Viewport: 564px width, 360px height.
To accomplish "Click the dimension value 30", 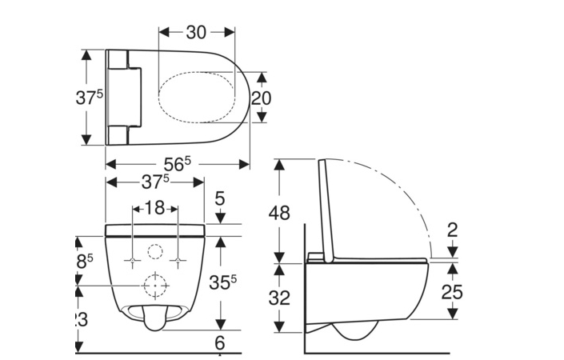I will [196, 32].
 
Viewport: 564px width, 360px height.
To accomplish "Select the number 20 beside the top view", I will [262, 98].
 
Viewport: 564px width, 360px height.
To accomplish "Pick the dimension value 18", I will [154, 208].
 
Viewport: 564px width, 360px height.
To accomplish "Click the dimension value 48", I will [279, 213].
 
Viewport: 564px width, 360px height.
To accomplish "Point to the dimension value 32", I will [279, 297].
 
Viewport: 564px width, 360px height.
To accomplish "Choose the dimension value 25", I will [452, 292].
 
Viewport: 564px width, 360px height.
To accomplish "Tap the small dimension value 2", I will [452, 230].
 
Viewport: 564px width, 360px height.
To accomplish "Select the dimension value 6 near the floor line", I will [221, 342].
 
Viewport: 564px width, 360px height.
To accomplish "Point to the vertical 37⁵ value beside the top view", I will [90, 98].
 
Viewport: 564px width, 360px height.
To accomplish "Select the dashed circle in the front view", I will [155, 284].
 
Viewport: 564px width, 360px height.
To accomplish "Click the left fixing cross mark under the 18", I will [133, 261].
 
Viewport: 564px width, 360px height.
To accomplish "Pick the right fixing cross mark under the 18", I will [176, 261].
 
